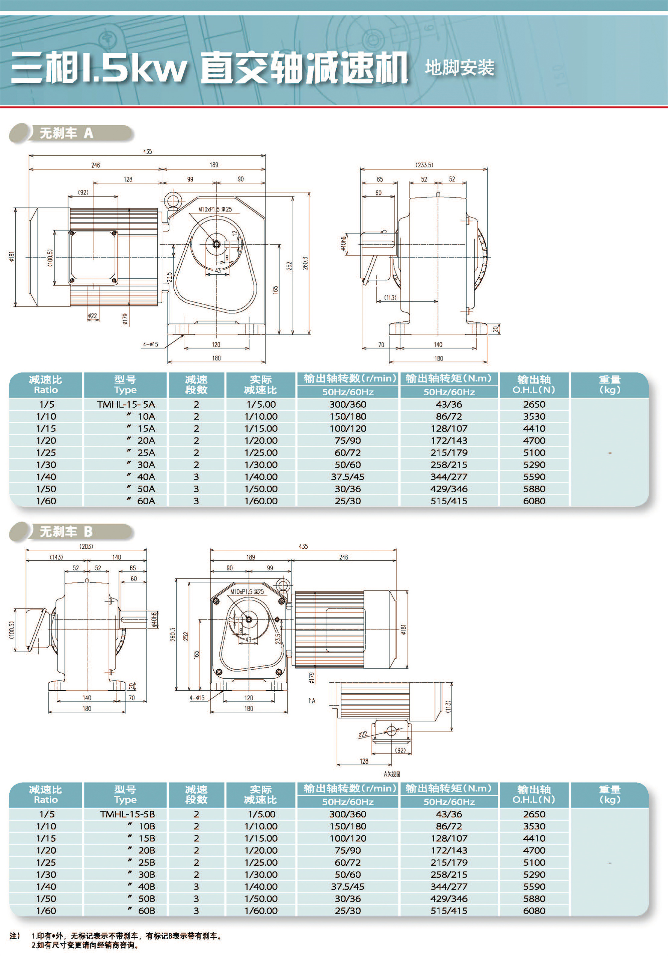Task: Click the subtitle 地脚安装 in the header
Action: click(460, 67)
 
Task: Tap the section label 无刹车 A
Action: click(66, 133)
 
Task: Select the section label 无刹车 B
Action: click(66, 532)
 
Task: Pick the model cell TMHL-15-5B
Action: click(127, 814)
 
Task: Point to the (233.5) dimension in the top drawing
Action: click(424, 165)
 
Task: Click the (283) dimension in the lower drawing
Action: click(87, 546)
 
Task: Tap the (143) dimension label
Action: click(56, 557)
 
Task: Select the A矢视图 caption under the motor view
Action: click(392, 774)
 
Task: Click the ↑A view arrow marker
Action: click(312, 700)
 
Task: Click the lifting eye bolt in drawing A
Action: click(171, 201)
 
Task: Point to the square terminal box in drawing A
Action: click(93, 257)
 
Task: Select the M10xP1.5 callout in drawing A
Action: click(215, 209)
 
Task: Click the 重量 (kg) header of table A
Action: click(610, 385)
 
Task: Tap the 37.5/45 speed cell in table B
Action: click(347, 886)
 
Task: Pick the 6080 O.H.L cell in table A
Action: click(534, 501)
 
